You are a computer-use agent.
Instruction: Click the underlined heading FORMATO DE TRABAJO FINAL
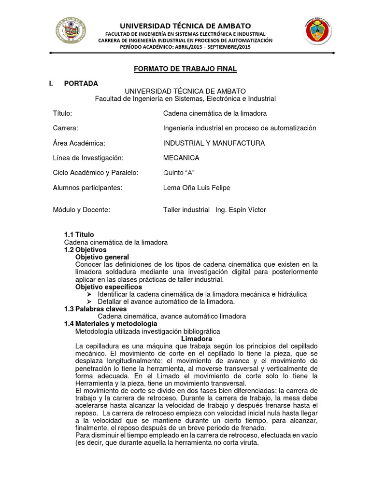(x=185, y=69)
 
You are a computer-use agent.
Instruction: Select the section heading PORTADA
(x=81, y=83)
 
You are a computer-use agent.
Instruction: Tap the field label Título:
(x=62, y=113)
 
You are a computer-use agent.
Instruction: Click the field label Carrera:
(x=65, y=128)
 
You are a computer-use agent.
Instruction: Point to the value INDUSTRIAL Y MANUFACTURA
(x=214, y=143)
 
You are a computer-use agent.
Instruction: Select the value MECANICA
(x=181, y=158)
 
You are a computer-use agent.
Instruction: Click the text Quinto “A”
(x=179, y=173)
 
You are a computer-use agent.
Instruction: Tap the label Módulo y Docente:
(x=82, y=210)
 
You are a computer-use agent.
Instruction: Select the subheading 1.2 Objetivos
(x=85, y=250)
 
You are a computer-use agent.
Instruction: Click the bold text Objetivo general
(x=102, y=257)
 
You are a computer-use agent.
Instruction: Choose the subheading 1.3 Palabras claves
(x=95, y=309)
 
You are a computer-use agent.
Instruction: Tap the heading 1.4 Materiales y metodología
(x=111, y=324)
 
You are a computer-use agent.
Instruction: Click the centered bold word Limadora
(x=196, y=339)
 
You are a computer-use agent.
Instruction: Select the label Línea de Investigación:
(x=88, y=158)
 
